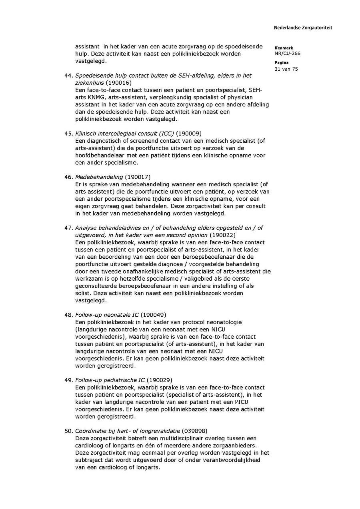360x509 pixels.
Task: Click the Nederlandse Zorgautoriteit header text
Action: click(303, 28)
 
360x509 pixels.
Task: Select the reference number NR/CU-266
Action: click(288, 54)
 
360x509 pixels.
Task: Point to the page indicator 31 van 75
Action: click(286, 69)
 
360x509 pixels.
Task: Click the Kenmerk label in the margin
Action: click(284, 48)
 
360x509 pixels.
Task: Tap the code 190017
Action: click(138, 177)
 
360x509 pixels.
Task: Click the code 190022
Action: click(222, 235)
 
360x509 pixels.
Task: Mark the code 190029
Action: click(160, 380)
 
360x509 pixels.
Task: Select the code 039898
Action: click(194, 431)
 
